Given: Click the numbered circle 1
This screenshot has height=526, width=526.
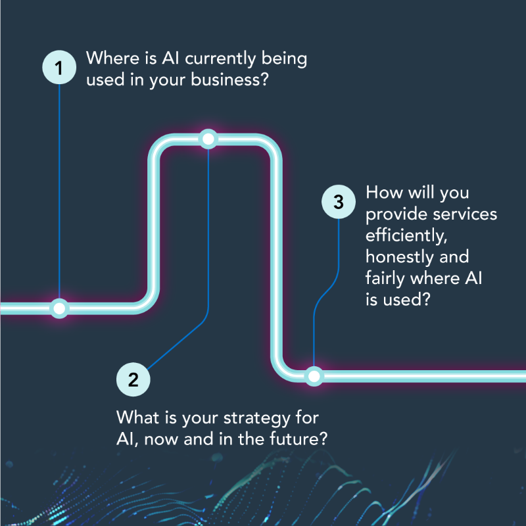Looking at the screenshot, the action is pos(59,67).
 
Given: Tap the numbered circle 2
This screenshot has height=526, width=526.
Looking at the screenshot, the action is pos(133,379).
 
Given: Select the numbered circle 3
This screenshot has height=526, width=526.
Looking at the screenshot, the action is pos(339,202).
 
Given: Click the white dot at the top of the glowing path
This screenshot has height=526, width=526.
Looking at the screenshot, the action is pos(208,139).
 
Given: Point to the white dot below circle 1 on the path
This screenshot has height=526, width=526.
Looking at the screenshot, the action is pos(59,308).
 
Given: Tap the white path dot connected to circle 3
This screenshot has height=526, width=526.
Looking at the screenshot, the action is pos(314,376).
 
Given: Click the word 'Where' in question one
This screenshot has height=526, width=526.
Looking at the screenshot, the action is pos(112,58).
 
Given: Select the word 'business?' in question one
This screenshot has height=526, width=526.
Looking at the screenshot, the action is pos(229,80).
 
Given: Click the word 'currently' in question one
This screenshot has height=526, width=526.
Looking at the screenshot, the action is pos(220,59).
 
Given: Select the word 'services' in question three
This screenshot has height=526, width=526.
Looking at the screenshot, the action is pos(467,214).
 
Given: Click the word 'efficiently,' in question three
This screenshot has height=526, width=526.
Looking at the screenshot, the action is pos(406,235).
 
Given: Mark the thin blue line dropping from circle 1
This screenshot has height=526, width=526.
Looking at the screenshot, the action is pos(59,191).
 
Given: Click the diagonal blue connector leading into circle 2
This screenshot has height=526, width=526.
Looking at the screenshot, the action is pos(178,347).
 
